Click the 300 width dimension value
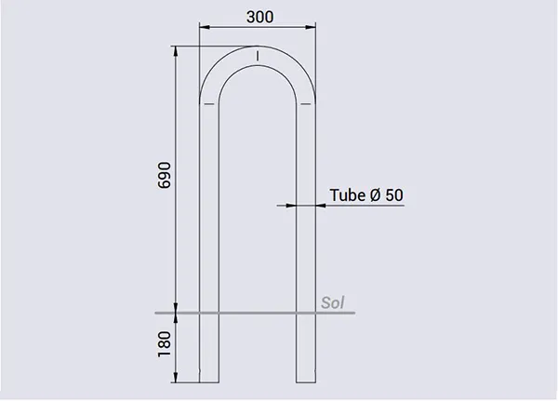(259, 17)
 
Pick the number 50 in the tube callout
(394, 195)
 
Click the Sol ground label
(332, 302)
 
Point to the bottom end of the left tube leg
(208, 381)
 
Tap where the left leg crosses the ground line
(208, 313)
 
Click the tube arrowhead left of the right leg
(292, 206)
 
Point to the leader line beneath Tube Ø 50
(363, 206)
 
